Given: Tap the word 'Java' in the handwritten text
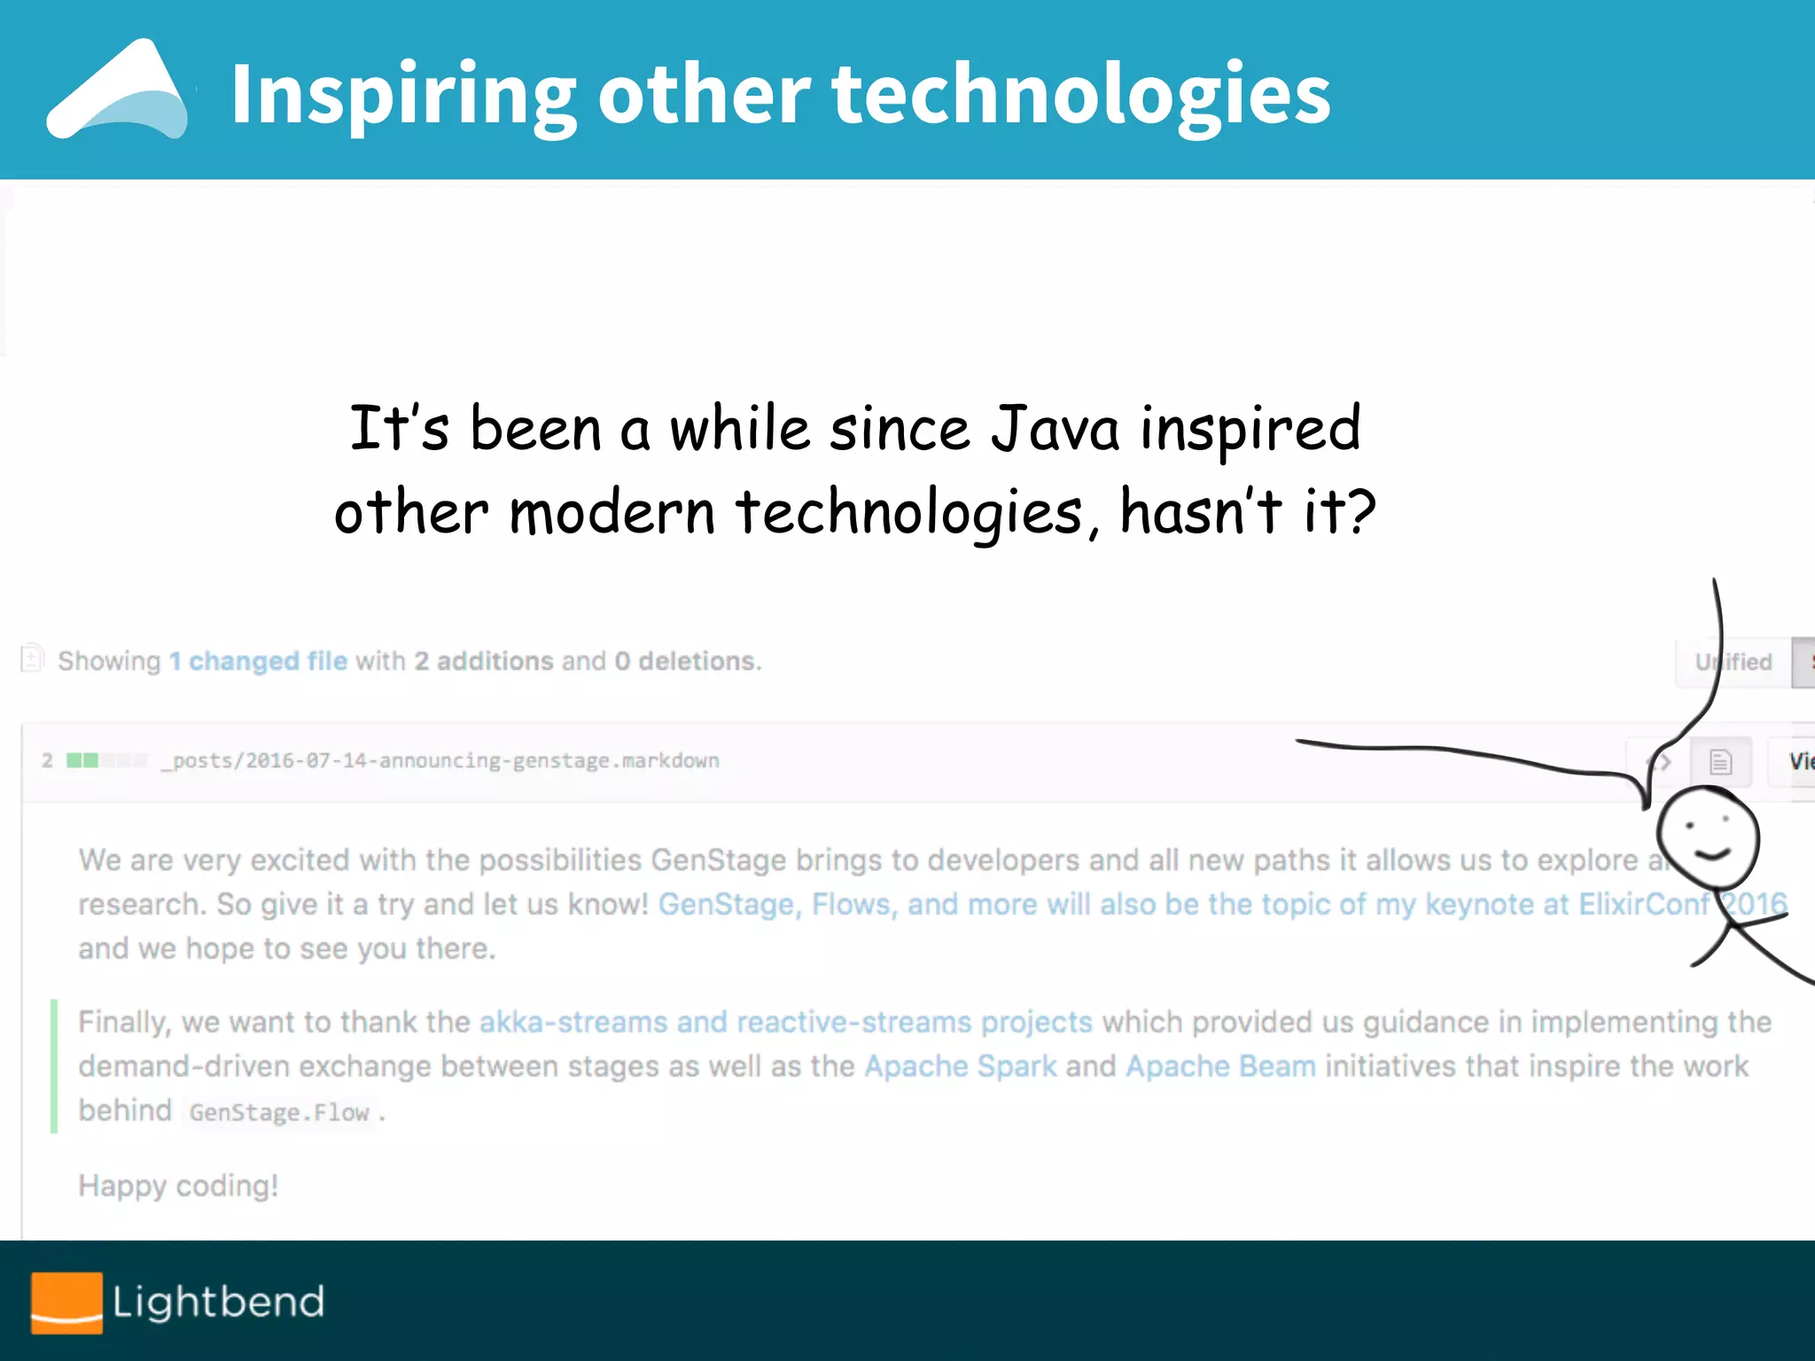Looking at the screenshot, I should pos(1055,429).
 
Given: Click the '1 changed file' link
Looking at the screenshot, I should pos(258,661).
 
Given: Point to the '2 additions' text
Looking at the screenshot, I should pos(484,661).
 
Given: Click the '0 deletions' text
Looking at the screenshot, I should pos(686,661).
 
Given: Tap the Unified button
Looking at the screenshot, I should pos(1733,662).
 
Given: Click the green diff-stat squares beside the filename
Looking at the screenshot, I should pos(83,760).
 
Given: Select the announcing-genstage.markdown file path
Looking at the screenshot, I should pos(440,760).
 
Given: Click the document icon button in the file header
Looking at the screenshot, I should pos(1720,761).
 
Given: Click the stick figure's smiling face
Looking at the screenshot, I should pos(1707,837).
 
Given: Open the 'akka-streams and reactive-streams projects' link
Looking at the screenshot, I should pos(785,1022).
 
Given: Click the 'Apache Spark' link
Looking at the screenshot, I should pos(960,1066).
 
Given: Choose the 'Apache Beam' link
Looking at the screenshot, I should pos(1220,1066).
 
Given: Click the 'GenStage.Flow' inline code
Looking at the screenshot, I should pos(278,1112).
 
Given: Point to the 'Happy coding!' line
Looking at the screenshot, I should pos(178,1186).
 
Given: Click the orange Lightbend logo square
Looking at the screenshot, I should pos(66,1302).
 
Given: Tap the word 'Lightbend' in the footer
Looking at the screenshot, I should pos(218,1302).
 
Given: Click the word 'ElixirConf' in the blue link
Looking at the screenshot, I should pos(1644,904).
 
